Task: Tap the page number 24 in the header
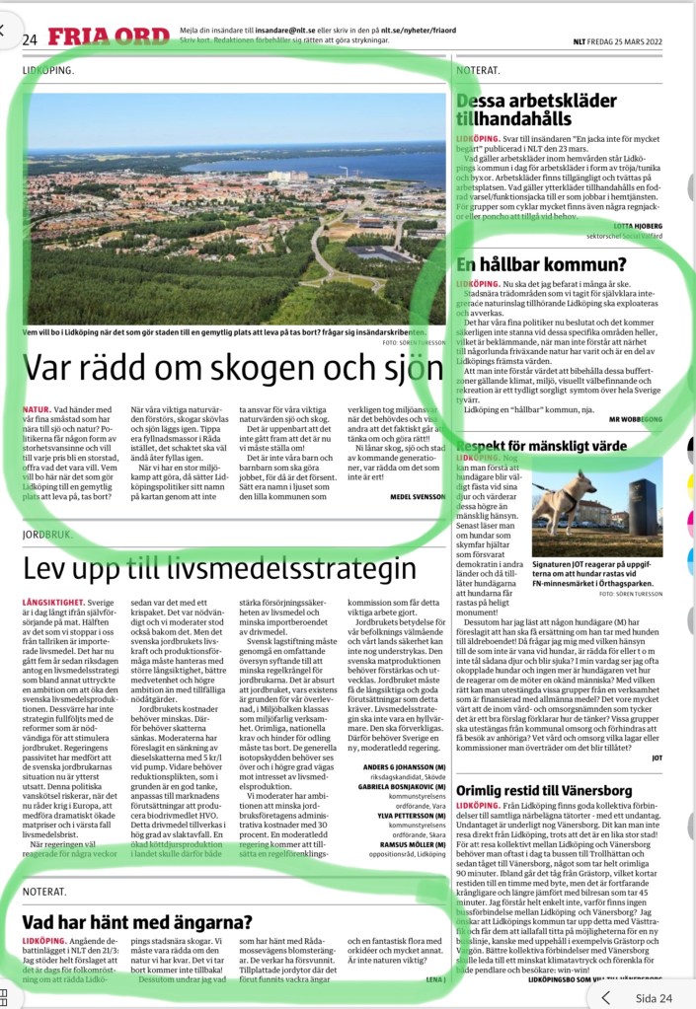pos(30,39)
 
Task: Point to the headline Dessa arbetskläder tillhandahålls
pos(542,109)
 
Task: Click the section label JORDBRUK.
pos(50,535)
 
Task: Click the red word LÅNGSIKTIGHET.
pos(55,601)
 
